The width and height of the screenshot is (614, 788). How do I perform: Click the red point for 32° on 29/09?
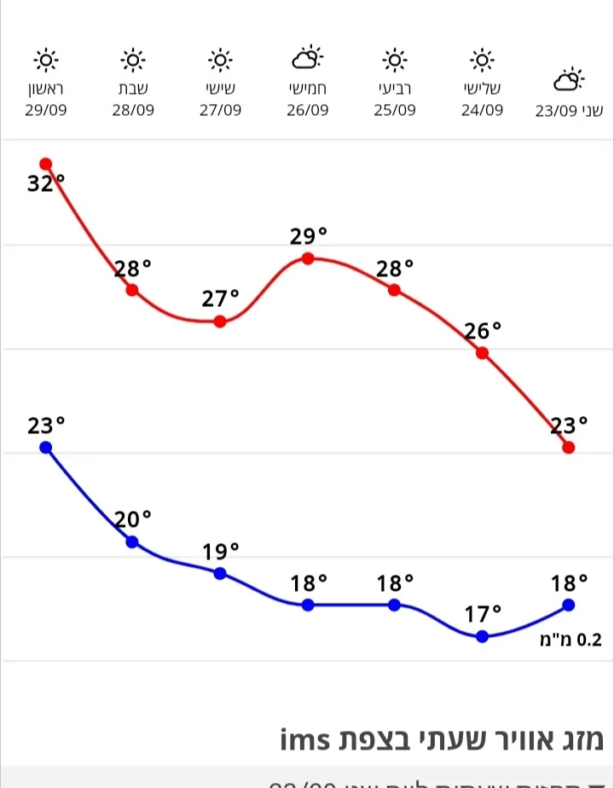[46, 164]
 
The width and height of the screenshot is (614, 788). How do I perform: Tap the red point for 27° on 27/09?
[220, 322]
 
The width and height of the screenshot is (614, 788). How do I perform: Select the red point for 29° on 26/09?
[308, 258]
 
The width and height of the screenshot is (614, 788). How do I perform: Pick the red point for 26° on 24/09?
[482, 352]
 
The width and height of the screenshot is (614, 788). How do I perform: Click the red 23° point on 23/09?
[569, 447]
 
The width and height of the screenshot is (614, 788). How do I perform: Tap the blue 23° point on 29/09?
[46, 447]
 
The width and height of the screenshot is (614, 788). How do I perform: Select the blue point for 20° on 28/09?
[132, 542]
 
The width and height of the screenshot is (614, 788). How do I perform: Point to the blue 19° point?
[220, 573]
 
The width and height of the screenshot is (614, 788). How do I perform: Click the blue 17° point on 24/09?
[482, 635]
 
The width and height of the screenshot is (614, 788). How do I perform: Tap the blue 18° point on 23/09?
[569, 605]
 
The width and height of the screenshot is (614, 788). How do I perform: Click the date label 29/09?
[46, 110]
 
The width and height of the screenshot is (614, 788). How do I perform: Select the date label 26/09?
[308, 110]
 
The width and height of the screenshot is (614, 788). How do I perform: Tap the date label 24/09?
[482, 110]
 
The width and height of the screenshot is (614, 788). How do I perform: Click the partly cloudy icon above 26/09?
[308, 58]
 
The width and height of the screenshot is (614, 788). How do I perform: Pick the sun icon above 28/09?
[133, 60]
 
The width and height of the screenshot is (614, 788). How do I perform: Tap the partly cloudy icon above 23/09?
[569, 80]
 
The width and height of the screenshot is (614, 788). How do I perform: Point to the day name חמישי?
[308, 88]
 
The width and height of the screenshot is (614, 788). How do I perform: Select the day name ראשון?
[46, 88]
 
